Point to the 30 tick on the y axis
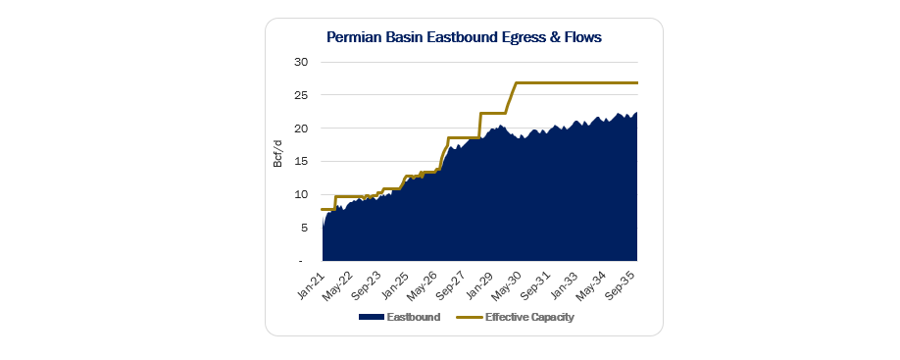pyautogui.click(x=302, y=62)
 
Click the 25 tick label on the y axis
pyautogui.click(x=302, y=95)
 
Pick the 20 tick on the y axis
pyautogui.click(x=302, y=129)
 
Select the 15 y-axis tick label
pyautogui.click(x=302, y=161)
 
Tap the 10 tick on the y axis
pyautogui.click(x=302, y=194)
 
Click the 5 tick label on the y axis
pyautogui.click(x=305, y=228)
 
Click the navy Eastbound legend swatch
pyautogui.click(x=371, y=317)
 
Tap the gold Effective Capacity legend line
pyautogui.click(x=469, y=317)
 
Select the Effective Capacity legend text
pyautogui.click(x=529, y=317)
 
